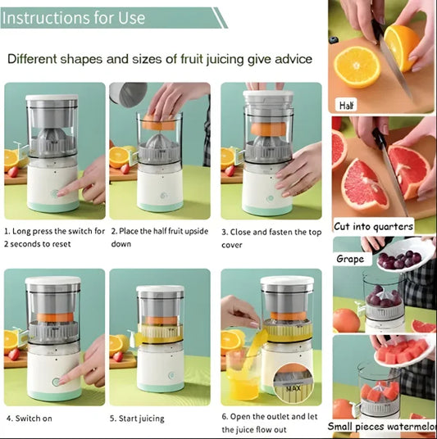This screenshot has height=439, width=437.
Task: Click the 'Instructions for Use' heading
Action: (x=75, y=17)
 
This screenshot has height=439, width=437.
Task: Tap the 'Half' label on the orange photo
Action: (x=348, y=105)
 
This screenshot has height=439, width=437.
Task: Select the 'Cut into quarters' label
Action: (x=373, y=226)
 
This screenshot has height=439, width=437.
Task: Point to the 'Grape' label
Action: (x=351, y=259)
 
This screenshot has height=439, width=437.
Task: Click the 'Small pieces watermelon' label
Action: (x=381, y=426)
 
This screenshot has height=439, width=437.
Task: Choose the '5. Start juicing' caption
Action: (x=137, y=418)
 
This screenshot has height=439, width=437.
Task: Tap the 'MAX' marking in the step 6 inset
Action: (x=294, y=388)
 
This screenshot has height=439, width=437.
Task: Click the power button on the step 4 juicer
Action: (x=56, y=382)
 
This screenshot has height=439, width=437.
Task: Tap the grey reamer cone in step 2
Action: (x=157, y=144)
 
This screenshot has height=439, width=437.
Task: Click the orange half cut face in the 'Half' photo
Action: (x=357, y=66)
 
